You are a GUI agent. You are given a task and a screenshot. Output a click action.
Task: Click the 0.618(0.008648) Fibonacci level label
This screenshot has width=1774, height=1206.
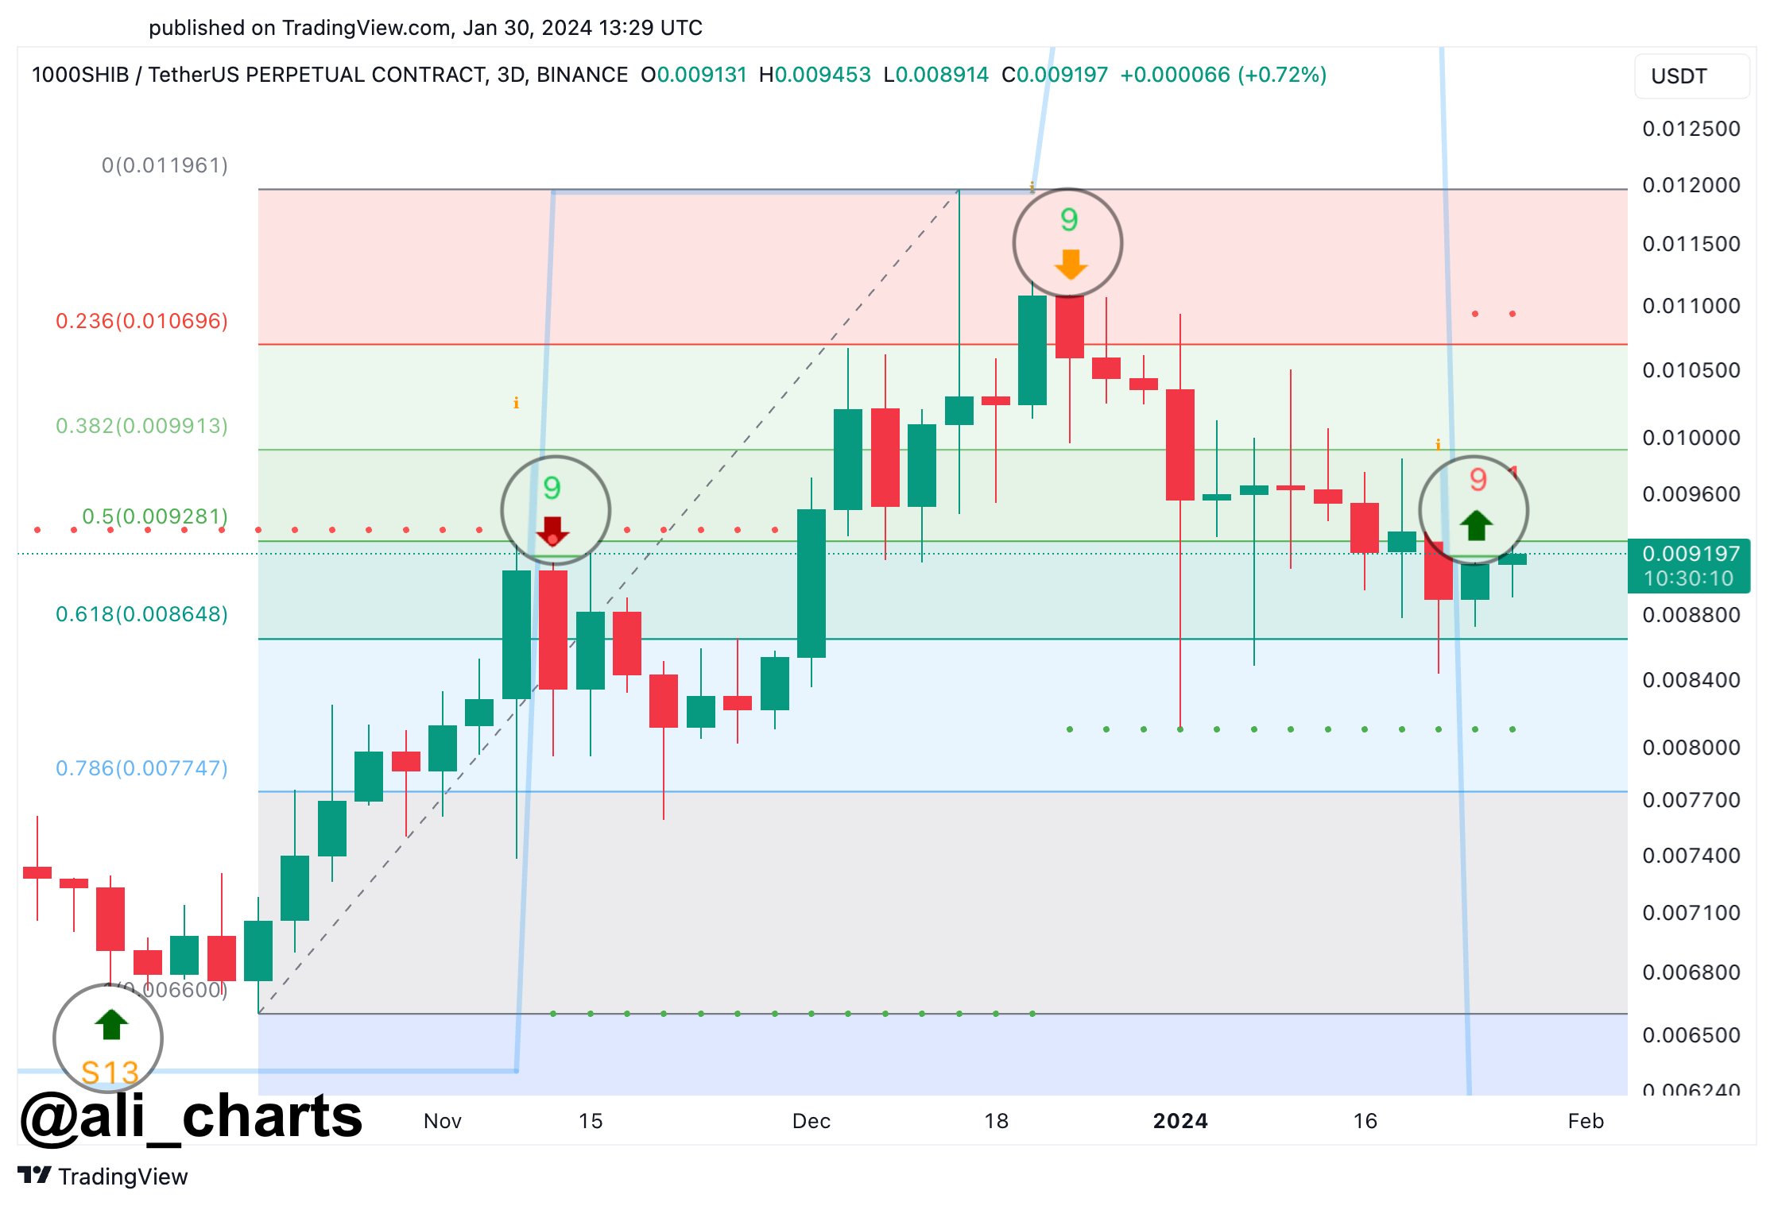141,614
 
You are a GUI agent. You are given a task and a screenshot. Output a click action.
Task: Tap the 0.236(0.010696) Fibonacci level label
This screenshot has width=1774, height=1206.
141,321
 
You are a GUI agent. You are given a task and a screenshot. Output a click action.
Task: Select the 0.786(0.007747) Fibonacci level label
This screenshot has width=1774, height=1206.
141,768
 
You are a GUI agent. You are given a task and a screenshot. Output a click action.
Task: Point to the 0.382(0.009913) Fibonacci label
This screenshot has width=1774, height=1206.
141,426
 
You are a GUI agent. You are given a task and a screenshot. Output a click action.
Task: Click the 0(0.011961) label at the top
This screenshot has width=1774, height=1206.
165,165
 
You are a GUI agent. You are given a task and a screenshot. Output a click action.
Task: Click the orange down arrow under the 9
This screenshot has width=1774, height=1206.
1071,264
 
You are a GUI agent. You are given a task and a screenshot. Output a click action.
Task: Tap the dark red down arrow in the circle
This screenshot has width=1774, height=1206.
552,530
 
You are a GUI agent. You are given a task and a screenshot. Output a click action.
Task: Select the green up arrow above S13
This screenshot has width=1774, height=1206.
111,1024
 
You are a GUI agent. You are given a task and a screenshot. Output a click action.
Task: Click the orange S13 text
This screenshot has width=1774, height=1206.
110,1073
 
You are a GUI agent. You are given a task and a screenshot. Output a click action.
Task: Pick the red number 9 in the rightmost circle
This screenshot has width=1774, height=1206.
1478,479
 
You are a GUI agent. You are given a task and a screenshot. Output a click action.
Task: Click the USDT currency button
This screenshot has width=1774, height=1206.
1691,76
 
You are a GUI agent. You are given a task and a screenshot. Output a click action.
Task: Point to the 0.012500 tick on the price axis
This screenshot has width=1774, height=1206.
1691,129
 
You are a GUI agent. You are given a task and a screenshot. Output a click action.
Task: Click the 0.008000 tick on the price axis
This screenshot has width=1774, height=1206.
1691,748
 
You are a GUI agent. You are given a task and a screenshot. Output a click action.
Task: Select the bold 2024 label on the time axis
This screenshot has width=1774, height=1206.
1180,1121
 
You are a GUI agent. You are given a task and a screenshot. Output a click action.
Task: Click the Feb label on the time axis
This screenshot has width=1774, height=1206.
1586,1121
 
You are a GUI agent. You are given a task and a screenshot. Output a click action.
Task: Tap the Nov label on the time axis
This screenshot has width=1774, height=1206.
443,1121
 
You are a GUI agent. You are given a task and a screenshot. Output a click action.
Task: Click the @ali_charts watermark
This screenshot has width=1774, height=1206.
191,1115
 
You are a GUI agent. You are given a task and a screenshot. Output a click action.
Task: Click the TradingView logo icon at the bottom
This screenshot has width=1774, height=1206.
34,1175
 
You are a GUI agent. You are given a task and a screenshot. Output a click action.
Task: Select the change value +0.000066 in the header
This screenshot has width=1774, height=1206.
1175,75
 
